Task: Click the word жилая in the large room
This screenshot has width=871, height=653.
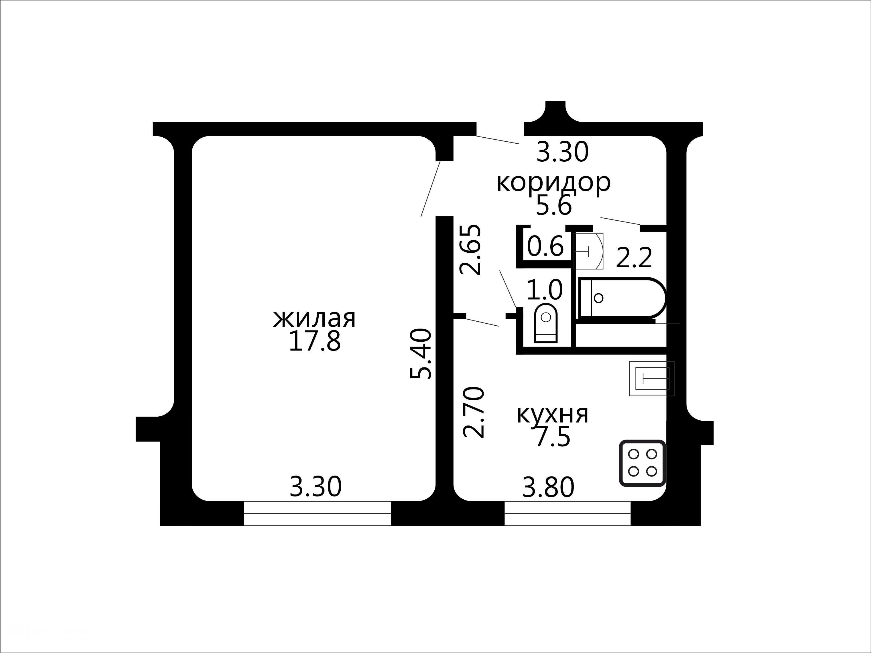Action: pos(314,319)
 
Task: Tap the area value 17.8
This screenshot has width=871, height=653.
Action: pos(314,341)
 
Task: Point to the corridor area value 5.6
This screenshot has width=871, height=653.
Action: pos(554,205)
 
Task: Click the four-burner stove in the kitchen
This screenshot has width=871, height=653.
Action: pos(643,463)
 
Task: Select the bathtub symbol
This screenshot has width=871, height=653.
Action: pos(621,298)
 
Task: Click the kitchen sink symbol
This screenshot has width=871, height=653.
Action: pos(652,379)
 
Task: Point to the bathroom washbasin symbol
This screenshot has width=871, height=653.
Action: pos(589,251)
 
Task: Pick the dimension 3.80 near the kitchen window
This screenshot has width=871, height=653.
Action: pos(548,487)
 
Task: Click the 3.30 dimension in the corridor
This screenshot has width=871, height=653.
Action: pos(562,152)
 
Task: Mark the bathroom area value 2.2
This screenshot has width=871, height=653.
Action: pos(634,258)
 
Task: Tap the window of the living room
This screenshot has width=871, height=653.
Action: pos(317,513)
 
